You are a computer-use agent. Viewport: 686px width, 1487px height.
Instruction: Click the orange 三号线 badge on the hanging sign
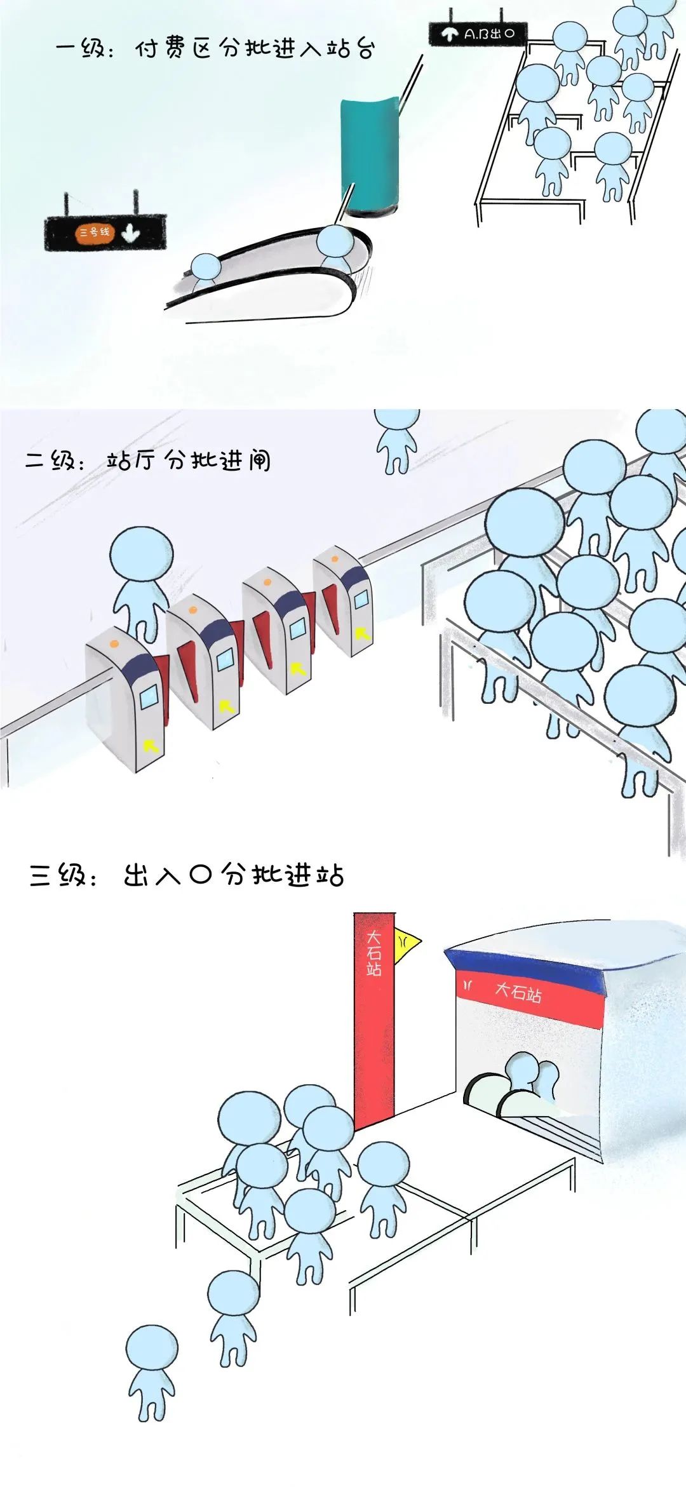point(94,232)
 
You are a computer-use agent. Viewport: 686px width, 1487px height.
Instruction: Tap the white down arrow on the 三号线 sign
point(130,233)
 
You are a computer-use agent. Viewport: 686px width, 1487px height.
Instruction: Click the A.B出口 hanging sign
point(478,34)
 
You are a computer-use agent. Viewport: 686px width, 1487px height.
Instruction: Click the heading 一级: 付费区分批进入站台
point(215,48)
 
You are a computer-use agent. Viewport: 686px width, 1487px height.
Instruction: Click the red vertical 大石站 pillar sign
point(374,1016)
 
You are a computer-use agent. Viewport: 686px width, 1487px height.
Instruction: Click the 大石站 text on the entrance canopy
point(518,992)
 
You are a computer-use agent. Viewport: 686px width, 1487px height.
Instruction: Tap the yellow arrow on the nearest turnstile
point(151,745)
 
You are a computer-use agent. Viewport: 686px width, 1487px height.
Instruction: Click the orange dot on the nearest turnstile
point(114,643)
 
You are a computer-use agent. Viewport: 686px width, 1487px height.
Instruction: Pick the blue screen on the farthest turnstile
point(361,598)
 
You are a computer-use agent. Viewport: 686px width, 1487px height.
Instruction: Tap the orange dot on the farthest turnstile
point(334,559)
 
